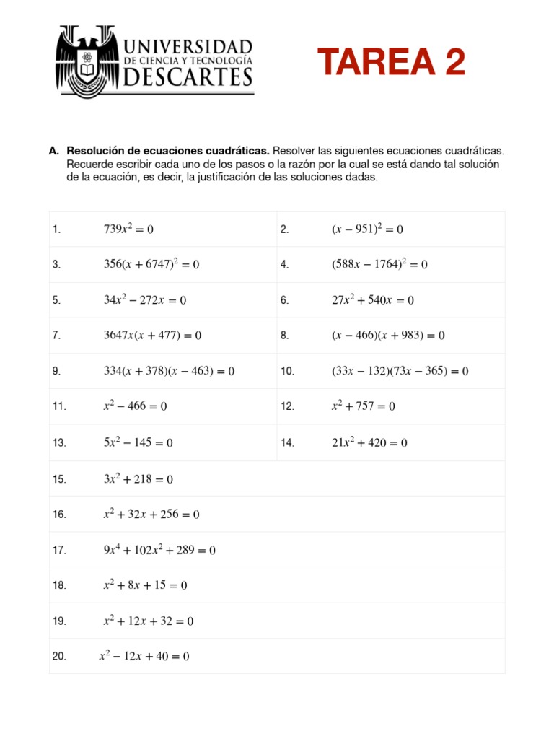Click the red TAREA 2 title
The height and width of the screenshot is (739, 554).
pyautogui.click(x=392, y=62)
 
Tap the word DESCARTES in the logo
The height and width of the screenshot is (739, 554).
pyautogui.click(x=188, y=76)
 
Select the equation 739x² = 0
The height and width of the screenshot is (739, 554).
pyautogui.click(x=129, y=229)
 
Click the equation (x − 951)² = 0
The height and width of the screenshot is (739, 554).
pyautogui.click(x=367, y=229)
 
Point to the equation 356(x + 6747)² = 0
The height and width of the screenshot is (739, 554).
pyautogui.click(x=151, y=265)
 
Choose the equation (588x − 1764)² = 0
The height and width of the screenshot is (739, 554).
pyautogui.click(x=379, y=265)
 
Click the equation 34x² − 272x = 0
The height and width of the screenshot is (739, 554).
pyautogui.click(x=145, y=300)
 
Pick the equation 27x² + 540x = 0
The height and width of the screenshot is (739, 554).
pyautogui.click(x=373, y=300)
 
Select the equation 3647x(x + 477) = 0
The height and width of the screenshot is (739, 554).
pyautogui.click(x=153, y=336)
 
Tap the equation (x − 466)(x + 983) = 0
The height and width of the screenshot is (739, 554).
pyautogui.click(x=388, y=336)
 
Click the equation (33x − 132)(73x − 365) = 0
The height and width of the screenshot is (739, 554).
pyautogui.click(x=400, y=371)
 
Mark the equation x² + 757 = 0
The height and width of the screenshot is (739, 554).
pyautogui.click(x=364, y=406)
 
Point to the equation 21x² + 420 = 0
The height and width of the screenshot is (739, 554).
pyautogui.click(x=369, y=442)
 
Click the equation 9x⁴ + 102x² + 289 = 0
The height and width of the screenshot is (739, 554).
pyautogui.click(x=159, y=550)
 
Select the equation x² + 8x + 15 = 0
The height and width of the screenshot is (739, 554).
pyautogui.click(x=145, y=585)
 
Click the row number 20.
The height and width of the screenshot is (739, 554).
pyautogui.click(x=59, y=656)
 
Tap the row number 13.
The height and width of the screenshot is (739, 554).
pyautogui.click(x=59, y=442)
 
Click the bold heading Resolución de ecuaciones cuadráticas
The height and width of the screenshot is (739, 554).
pyautogui.click(x=168, y=151)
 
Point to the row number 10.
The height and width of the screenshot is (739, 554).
pyautogui.click(x=288, y=371)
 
